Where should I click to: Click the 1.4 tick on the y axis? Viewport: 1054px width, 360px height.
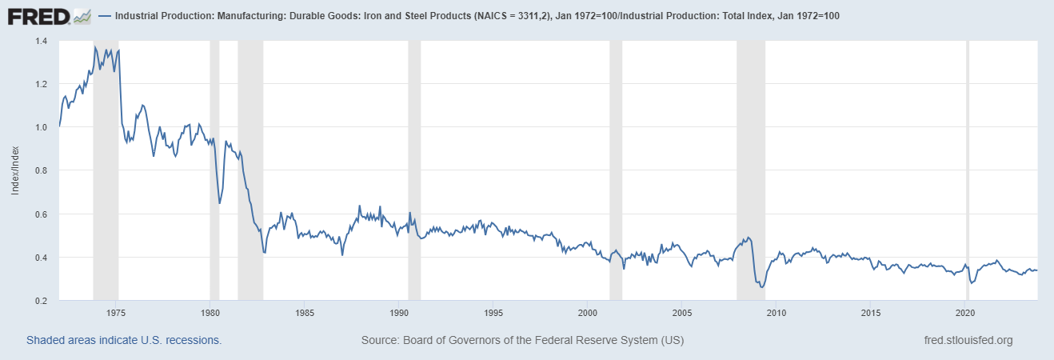(x=41, y=41)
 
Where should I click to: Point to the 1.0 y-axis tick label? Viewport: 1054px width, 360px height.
(x=41, y=127)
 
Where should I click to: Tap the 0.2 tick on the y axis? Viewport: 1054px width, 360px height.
(x=41, y=301)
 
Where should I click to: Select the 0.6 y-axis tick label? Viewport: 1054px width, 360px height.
(x=41, y=214)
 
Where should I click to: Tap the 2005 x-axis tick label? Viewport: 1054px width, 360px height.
(x=681, y=312)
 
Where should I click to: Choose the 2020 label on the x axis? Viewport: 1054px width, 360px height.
(x=964, y=312)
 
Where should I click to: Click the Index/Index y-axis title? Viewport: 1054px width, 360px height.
(x=15, y=170)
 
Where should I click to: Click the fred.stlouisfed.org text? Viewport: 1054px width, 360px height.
(x=968, y=340)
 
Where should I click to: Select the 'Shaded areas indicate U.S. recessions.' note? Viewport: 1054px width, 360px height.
(x=124, y=340)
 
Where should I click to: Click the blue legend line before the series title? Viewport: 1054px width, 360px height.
(x=106, y=16)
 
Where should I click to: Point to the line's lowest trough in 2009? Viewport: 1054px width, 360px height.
(x=761, y=287)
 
